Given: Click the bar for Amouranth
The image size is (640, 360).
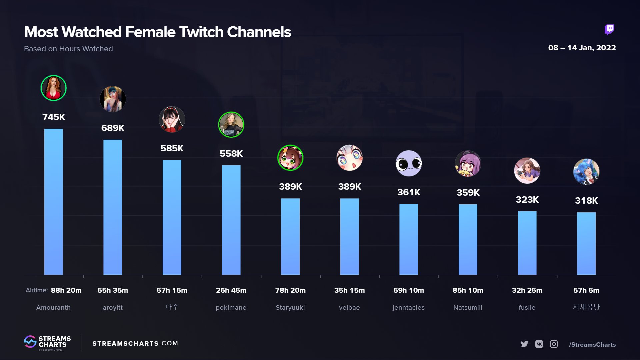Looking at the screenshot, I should click(53, 202).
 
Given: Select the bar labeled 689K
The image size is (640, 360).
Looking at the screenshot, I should click(113, 207).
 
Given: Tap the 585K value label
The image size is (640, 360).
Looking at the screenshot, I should click(172, 148).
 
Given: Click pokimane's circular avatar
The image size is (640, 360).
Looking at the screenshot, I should click(231, 125).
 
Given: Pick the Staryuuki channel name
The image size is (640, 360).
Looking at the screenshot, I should click(290, 308).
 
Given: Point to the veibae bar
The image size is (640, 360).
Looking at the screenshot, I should click(349, 236).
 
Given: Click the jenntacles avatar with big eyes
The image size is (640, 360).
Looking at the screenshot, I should click(409, 163).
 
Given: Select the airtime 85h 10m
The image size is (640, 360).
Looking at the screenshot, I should click(468, 290).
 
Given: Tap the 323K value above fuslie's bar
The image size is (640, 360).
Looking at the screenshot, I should click(527, 200).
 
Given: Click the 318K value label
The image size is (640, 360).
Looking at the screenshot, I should click(586, 201).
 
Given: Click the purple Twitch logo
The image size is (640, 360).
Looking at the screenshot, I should click(609, 30).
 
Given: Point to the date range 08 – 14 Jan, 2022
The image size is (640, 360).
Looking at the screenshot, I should click(582, 48).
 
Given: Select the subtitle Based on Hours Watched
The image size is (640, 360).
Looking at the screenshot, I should click(68, 49).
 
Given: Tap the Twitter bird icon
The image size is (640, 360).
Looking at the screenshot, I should click(524, 344).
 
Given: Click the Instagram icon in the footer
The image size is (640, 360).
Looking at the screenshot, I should click(554, 344).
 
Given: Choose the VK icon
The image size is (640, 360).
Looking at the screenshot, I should click(539, 344).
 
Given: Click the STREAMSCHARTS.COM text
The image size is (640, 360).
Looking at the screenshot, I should click(135, 343).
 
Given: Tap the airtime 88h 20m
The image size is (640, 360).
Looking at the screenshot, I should click(66, 290).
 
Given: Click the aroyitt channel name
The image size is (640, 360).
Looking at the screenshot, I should click(113, 308).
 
